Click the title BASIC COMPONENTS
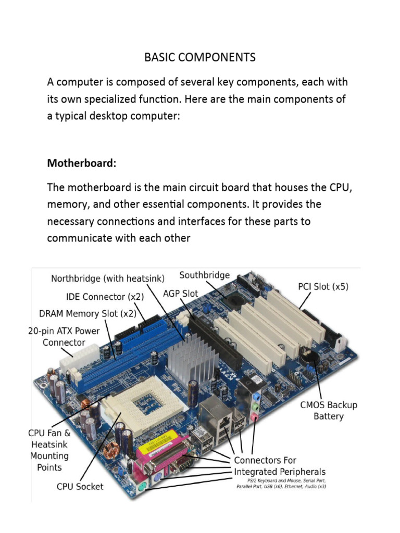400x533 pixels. click(x=200, y=57)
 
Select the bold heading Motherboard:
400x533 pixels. click(x=82, y=163)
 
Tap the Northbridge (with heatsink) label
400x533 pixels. click(x=107, y=278)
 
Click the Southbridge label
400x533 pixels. click(x=204, y=275)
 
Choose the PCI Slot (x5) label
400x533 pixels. click(x=323, y=286)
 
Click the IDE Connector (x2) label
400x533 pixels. click(x=105, y=297)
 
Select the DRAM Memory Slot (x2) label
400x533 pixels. click(x=87, y=313)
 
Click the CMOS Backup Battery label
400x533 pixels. click(x=328, y=410)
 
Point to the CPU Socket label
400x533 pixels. click(x=80, y=487)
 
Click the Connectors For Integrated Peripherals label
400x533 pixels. click(x=279, y=466)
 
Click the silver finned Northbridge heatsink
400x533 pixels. click(x=193, y=360)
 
